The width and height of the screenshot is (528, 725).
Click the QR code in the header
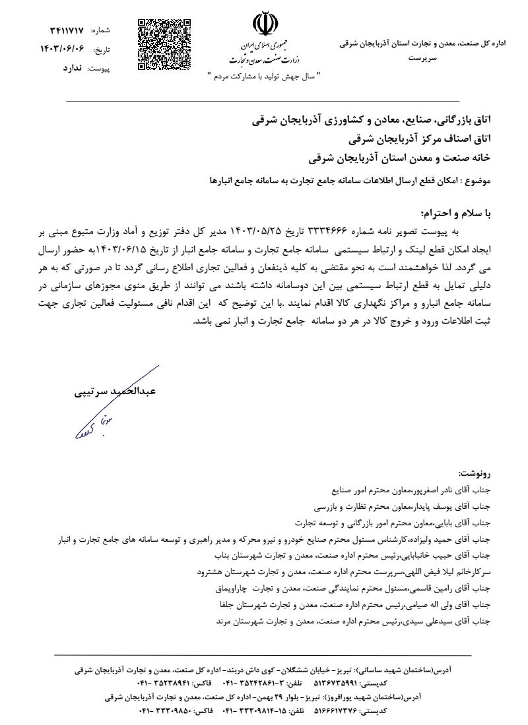tap(164, 45)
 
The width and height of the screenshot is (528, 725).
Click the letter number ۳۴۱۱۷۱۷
tap(66, 31)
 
